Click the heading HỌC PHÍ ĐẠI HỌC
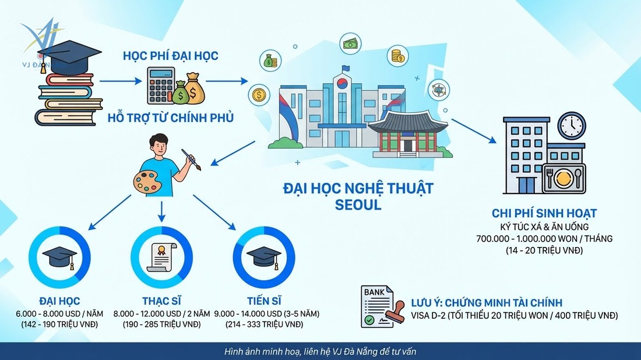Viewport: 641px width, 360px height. point(170,57)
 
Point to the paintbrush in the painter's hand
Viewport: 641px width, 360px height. point(191,160)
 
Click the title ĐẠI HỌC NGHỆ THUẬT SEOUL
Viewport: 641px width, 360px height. point(358,196)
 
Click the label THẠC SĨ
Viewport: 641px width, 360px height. point(161,301)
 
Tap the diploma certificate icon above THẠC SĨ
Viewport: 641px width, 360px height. point(160,257)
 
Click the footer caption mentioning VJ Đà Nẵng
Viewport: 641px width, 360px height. point(320,352)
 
